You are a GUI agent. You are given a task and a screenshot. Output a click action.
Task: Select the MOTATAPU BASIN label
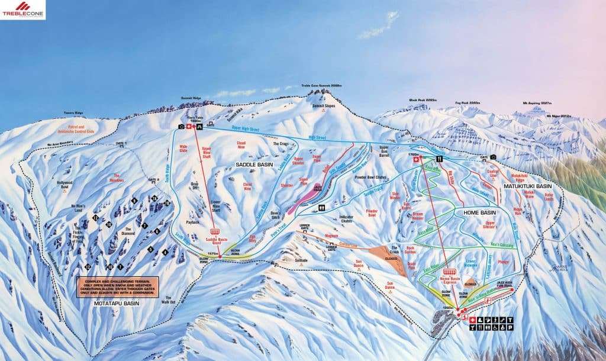click(116, 303)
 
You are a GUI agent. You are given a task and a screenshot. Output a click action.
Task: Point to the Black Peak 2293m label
click(423, 100)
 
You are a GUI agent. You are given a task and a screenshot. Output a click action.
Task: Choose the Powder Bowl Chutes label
click(373, 178)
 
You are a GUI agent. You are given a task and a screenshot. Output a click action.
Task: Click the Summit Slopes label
click(324, 106)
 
